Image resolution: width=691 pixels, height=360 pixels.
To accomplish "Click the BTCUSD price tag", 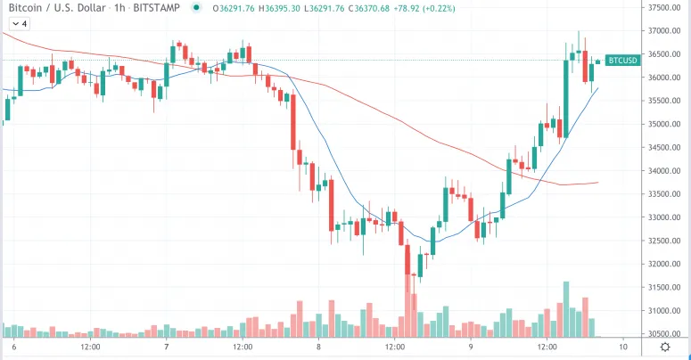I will point(621,61).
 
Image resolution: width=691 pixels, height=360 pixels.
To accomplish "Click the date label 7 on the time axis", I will point(167,347).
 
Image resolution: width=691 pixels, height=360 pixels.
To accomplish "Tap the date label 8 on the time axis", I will point(318,347).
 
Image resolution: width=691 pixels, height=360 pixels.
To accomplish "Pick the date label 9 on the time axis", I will point(470,347).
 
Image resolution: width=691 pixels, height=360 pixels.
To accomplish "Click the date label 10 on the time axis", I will point(622,347).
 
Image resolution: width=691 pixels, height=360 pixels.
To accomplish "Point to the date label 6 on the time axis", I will point(15,347).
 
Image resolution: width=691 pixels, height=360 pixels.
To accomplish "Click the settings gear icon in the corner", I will point(664,347).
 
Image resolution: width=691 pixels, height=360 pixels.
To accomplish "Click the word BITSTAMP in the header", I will point(154,9).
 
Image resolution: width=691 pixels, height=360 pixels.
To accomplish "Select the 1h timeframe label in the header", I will point(112,9).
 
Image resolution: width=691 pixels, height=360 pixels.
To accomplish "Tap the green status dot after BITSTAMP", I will point(196,9).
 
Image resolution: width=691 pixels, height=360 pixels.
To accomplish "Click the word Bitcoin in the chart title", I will point(24,9).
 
